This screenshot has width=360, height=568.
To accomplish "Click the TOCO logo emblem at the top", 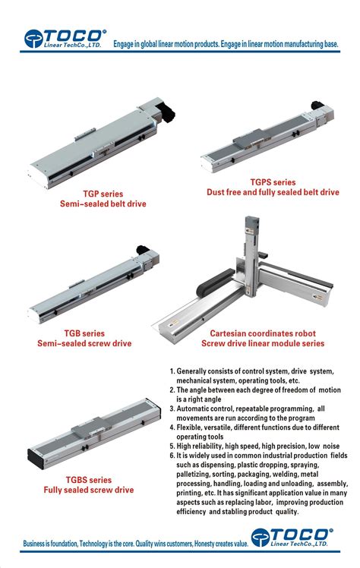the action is [x=33, y=39].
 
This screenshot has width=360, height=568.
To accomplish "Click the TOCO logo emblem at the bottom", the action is [x=260, y=538].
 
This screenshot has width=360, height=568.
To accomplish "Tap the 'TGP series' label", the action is [x=103, y=194].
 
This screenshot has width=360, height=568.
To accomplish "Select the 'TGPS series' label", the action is [x=273, y=182].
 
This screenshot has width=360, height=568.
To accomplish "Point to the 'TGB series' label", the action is [x=84, y=333].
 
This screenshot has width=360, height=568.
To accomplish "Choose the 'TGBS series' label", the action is [x=89, y=480].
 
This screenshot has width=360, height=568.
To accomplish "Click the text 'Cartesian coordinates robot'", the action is [x=263, y=333].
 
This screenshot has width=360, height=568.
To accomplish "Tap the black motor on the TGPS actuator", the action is [x=317, y=106].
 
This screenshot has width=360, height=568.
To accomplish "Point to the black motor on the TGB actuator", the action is [x=142, y=250].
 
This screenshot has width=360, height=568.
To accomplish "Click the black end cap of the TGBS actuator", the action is [x=36, y=459].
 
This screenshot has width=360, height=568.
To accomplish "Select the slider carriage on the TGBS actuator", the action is [x=90, y=427].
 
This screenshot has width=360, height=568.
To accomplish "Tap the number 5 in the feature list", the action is [x=172, y=447].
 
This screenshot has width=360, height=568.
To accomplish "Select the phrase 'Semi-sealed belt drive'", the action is [x=103, y=204].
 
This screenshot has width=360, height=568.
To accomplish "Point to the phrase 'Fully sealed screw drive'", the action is [x=89, y=490].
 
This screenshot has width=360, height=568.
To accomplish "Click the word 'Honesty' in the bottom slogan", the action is [x=204, y=544].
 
